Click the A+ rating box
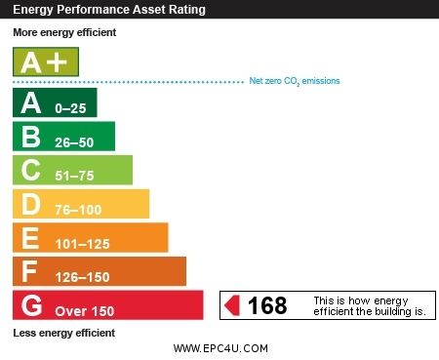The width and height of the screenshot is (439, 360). pyautogui.click(x=45, y=62)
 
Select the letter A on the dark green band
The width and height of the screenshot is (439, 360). pyautogui.click(x=30, y=102)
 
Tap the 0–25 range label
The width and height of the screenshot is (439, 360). pyautogui.click(x=72, y=107)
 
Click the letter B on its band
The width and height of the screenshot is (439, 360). pyautogui.click(x=30, y=137)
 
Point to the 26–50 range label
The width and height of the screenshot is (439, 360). pyautogui.click(x=76, y=141)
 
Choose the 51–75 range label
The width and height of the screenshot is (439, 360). pyautogui.click(x=76, y=176)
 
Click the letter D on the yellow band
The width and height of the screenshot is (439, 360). pyautogui.click(x=30, y=204)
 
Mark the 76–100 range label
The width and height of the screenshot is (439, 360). pyautogui.click(x=79, y=210)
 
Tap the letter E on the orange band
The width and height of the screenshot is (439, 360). pyautogui.click(x=30, y=237)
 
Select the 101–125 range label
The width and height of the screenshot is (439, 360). pyautogui.click(x=83, y=244)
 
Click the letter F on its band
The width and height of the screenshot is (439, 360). pyautogui.click(x=30, y=271)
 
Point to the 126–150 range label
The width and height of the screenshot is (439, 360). pyautogui.click(x=83, y=277)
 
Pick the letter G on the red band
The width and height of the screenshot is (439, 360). pyautogui.click(x=31, y=305)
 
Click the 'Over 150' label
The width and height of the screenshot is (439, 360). pyautogui.click(x=84, y=311)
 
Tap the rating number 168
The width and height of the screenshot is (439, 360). pyautogui.click(x=267, y=306)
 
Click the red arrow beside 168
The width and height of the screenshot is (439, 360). pyautogui.click(x=232, y=306)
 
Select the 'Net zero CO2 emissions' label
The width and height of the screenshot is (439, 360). pyautogui.click(x=295, y=81)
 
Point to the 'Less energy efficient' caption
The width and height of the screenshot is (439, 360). pyautogui.click(x=64, y=333)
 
